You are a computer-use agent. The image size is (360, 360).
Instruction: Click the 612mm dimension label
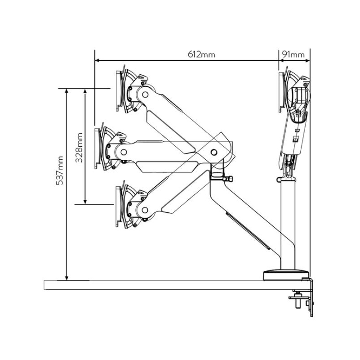point(201,54)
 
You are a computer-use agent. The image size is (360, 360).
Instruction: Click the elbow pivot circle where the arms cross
point(214,152)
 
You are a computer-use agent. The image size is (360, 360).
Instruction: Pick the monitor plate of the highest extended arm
point(119,90)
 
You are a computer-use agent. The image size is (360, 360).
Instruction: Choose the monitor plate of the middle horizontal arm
point(97,148)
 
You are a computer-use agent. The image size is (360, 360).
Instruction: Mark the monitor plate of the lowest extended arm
point(119,206)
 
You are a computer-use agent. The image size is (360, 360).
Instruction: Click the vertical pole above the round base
point(288,225)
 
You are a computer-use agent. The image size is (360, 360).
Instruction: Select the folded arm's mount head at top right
point(295,94)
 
